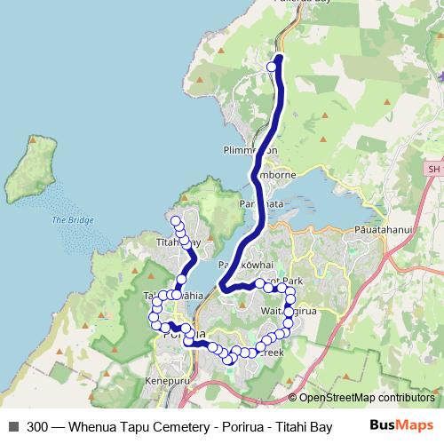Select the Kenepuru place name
click(x=166, y=382)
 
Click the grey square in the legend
click(x=12, y=426)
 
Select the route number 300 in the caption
click(x=38, y=426)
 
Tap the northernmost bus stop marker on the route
click(x=273, y=66)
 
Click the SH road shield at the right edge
click(x=432, y=169)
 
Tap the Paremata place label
click(x=259, y=204)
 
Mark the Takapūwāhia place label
click(x=178, y=296)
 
